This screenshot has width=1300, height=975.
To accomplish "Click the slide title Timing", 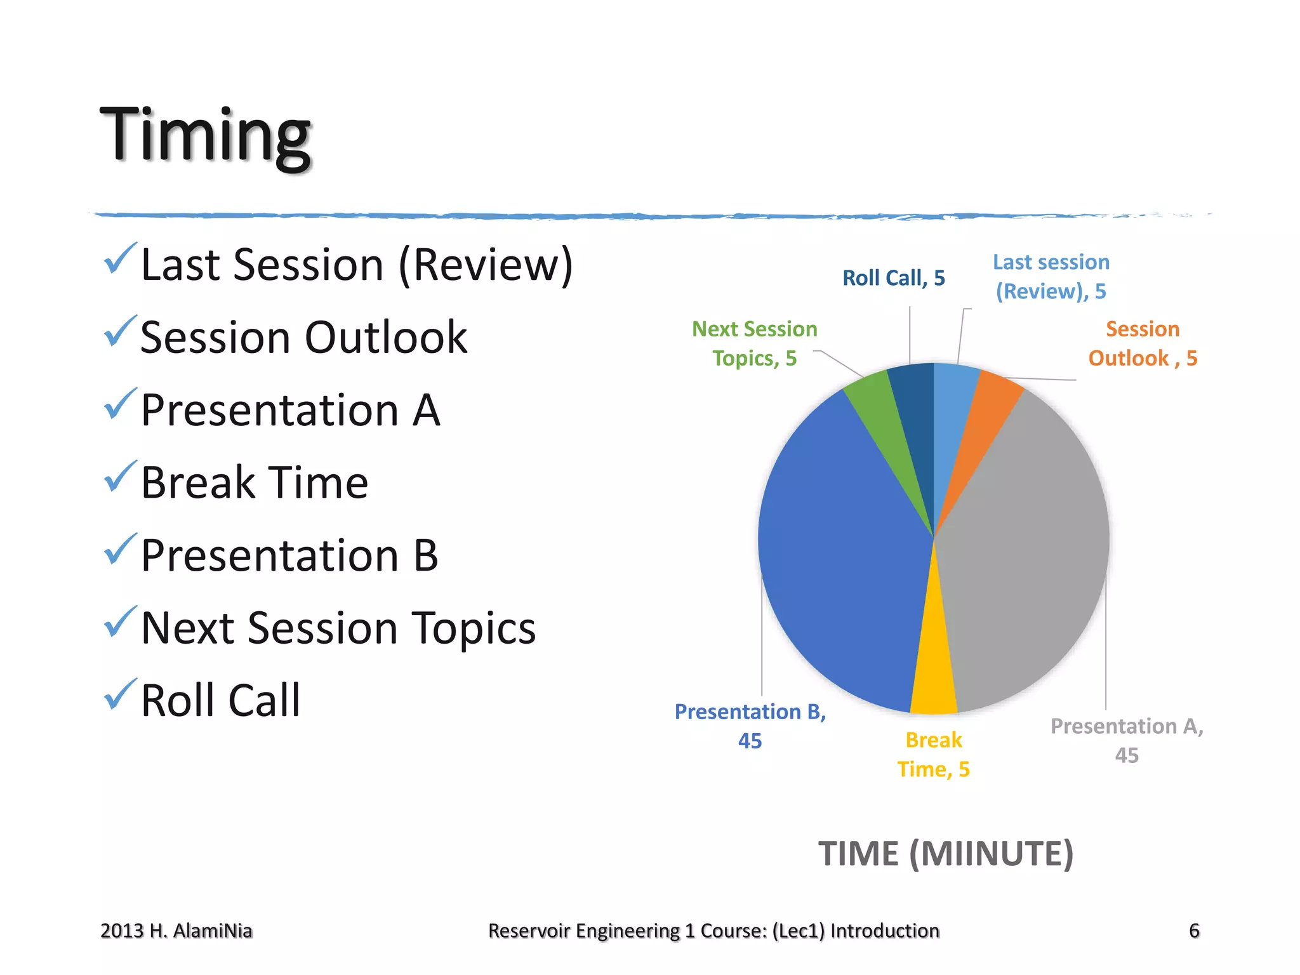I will (x=205, y=135).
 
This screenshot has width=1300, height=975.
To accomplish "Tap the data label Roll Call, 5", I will (x=893, y=278).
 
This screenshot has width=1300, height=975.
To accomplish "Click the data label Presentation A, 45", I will (x=1127, y=740).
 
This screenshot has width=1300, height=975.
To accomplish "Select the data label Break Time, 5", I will (x=933, y=755).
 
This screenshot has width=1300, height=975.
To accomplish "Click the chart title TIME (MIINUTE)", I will (x=945, y=853).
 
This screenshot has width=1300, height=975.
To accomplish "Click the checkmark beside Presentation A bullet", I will (x=119, y=404).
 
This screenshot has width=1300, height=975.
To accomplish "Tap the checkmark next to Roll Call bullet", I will (x=119, y=694).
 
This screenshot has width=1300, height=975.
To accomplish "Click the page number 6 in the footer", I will (x=1193, y=931).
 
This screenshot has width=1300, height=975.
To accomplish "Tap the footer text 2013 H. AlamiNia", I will (x=176, y=931).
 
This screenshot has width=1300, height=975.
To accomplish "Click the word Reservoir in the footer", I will (x=526, y=931).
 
